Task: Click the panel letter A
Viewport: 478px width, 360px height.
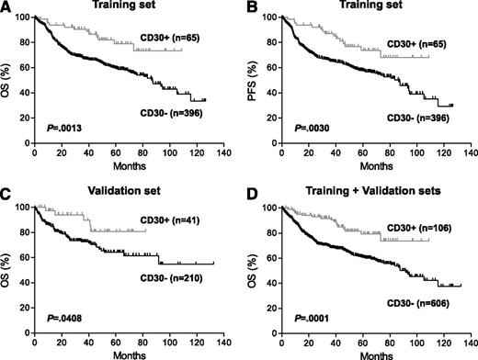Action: coord(6,7)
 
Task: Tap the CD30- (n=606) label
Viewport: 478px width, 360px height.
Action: coord(421,303)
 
